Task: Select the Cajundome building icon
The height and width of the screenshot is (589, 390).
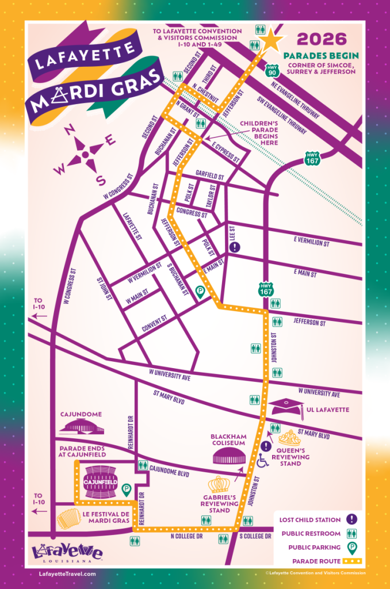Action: click(x=82, y=426)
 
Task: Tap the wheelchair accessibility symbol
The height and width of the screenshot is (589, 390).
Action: click(x=262, y=460)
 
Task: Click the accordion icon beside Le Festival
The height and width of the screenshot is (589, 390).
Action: click(x=68, y=519)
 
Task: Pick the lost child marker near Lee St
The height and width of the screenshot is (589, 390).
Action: click(x=235, y=247)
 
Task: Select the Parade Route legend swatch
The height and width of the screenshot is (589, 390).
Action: click(x=350, y=561)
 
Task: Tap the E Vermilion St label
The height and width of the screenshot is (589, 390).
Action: click(x=311, y=244)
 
